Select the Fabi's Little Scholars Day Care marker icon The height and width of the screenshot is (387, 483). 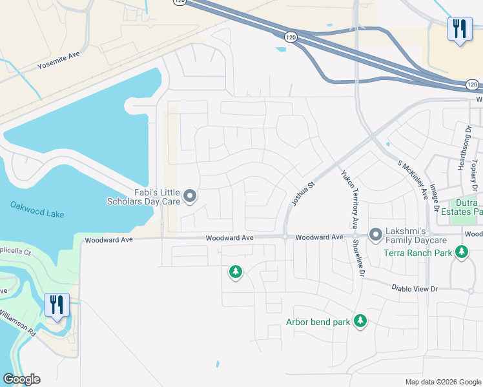[190, 195]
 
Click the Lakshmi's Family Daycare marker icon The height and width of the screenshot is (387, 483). [375, 235]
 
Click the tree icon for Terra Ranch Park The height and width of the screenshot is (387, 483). [462, 252]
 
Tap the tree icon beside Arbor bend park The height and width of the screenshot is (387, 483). [360, 321]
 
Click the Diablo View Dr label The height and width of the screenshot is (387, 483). [414, 289]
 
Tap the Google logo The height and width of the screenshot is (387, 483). [21, 379]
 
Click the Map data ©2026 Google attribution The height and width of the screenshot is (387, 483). [442, 382]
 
